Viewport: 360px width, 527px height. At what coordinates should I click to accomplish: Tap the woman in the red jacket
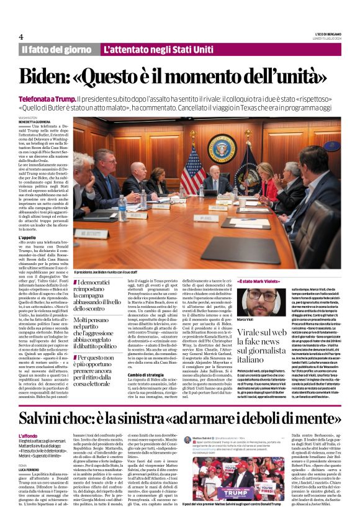[x=271, y=180]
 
